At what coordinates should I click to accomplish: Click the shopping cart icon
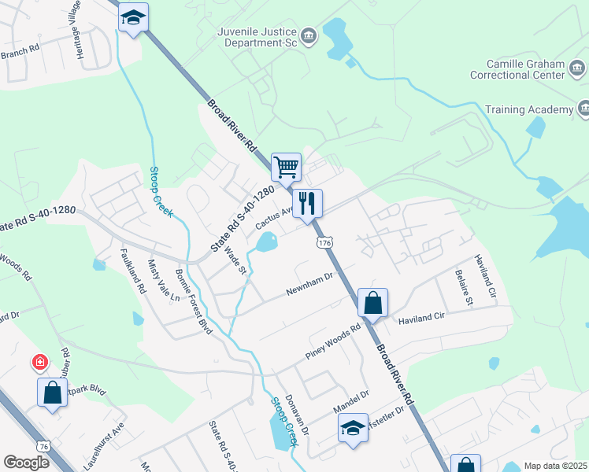(x=286, y=167)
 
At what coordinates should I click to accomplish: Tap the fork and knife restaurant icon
(x=307, y=203)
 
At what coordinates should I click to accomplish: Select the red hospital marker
(x=39, y=363)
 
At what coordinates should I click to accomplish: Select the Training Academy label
(x=529, y=109)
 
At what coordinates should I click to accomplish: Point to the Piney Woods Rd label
(x=334, y=342)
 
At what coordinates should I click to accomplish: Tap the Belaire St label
(x=461, y=288)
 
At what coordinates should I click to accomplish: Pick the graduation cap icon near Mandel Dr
(x=353, y=429)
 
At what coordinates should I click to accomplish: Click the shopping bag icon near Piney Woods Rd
(x=372, y=303)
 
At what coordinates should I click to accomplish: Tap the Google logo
(x=26, y=463)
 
